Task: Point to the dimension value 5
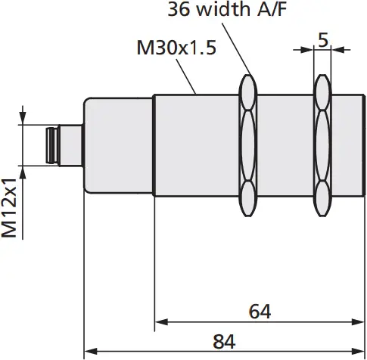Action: coord(322,39)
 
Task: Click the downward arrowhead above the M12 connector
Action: coord(23,119)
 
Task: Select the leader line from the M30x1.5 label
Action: coord(190,76)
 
